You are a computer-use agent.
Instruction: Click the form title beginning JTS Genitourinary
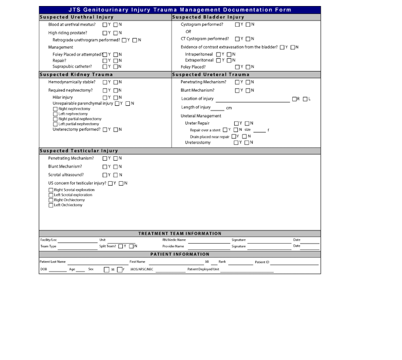179,10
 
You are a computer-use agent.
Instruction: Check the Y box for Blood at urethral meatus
105,25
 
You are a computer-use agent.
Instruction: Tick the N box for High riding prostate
115,33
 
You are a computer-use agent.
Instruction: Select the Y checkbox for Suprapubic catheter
105,66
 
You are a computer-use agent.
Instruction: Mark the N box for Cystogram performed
247,25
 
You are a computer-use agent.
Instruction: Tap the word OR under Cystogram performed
188,32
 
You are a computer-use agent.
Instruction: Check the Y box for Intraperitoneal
219,54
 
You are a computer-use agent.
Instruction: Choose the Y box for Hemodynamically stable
105,82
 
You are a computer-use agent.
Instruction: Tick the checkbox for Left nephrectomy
55,114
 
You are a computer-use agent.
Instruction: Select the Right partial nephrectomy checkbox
55,119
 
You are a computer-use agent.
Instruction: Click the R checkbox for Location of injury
295,99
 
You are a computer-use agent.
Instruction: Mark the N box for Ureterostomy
247,142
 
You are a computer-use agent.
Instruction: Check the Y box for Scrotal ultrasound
105,175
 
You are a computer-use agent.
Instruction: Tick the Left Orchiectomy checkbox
51,205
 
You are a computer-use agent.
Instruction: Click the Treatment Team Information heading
179,234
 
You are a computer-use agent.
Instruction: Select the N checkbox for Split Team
131,246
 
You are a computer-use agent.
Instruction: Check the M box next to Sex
106,270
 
